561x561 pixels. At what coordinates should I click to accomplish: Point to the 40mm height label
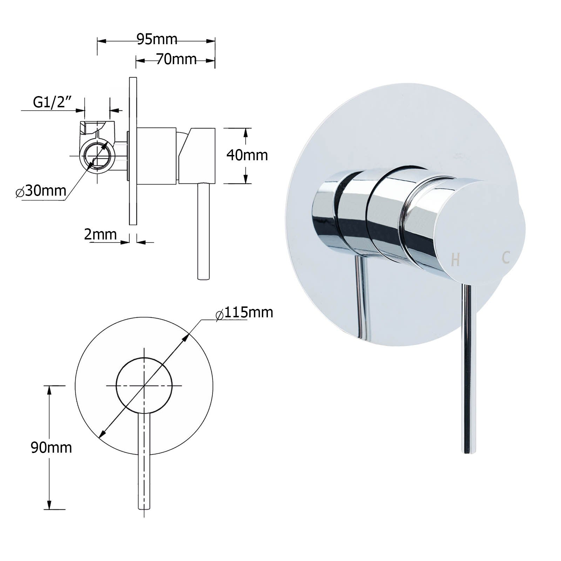247,155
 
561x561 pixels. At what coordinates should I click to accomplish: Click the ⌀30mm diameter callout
41,191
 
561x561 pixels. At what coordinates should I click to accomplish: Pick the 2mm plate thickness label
100,234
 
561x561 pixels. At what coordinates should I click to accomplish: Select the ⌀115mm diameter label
244,312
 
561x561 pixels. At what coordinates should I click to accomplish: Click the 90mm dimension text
51,448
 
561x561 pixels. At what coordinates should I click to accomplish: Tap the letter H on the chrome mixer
455,260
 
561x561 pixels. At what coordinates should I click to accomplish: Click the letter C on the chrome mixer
506,258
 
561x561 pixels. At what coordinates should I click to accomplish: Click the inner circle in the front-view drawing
144,385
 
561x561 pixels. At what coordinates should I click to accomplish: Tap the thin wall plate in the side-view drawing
133,151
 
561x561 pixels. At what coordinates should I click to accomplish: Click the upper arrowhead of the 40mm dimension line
246,133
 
